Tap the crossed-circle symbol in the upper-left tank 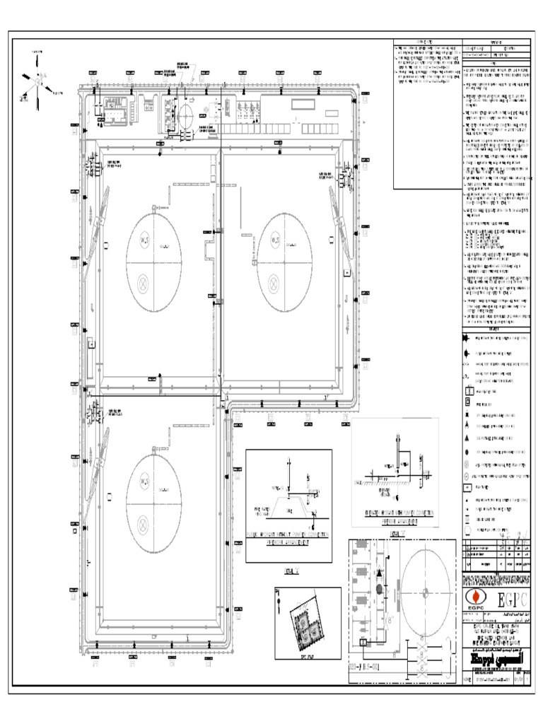[144, 282]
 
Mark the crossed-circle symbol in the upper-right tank [274, 282]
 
